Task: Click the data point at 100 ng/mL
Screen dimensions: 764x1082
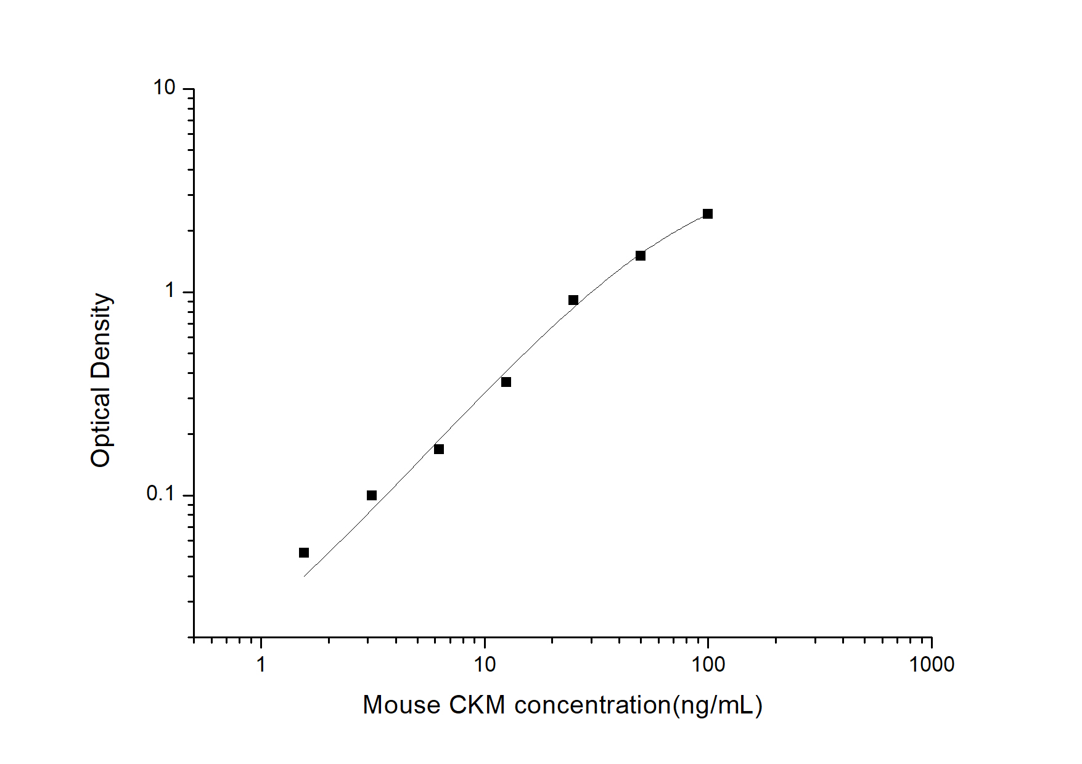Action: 708,214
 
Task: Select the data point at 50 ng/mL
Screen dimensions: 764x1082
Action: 641,256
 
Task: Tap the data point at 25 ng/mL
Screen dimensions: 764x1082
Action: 573,300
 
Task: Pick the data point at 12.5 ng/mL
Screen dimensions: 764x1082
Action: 506,382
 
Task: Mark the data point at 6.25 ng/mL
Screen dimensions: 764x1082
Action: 439,449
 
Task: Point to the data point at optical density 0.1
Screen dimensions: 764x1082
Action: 372,495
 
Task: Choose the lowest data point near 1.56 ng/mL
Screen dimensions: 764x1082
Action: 304,553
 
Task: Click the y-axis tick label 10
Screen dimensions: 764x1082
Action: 165,88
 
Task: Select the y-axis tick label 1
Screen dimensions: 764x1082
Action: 170,291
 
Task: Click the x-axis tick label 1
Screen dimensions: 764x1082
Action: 261,665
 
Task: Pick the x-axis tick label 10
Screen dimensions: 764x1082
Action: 485,665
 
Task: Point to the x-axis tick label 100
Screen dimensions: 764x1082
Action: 708,665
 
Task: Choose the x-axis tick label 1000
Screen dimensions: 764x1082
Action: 932,665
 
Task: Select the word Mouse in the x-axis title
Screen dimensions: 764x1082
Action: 401,705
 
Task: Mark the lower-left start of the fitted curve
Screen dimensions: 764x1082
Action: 304,577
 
